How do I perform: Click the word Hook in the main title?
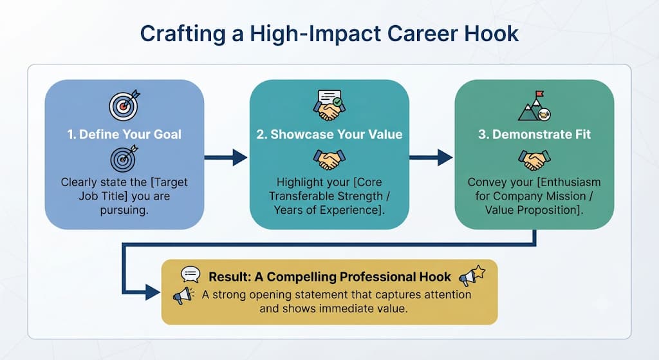(x=491, y=33)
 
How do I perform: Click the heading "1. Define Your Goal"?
(x=124, y=135)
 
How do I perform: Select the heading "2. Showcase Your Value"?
(x=329, y=135)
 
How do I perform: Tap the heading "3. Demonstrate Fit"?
(x=534, y=135)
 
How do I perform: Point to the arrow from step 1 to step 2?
(x=226, y=158)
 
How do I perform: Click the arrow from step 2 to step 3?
(x=431, y=158)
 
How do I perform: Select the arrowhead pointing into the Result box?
(x=153, y=292)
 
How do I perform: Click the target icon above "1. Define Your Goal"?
(x=124, y=105)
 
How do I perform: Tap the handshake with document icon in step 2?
(x=329, y=105)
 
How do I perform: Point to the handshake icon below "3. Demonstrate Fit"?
(x=534, y=160)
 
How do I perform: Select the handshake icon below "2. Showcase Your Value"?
(x=329, y=160)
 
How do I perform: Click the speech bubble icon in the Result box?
(x=190, y=274)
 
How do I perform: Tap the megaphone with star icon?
(x=472, y=276)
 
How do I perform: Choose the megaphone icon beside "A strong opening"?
(x=184, y=296)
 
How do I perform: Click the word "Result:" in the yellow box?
(x=230, y=277)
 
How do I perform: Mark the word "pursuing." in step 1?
(x=124, y=210)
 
